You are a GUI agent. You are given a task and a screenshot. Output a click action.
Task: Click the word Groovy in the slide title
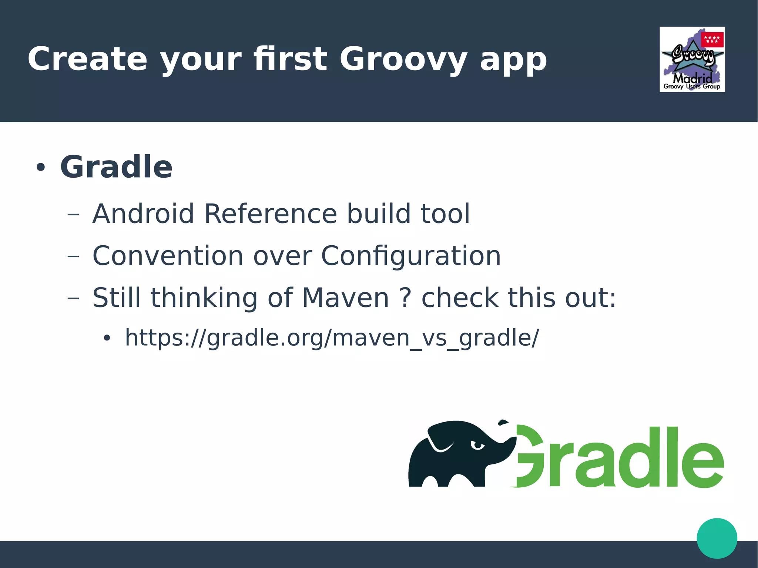(x=403, y=59)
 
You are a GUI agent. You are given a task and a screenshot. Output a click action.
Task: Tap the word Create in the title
(x=87, y=59)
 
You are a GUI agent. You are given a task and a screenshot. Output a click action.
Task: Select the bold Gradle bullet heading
(x=116, y=167)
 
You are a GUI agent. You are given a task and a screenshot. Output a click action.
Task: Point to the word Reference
(x=271, y=214)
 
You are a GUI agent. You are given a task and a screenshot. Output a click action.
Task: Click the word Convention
(x=168, y=256)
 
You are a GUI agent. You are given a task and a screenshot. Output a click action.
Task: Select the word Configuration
(x=411, y=256)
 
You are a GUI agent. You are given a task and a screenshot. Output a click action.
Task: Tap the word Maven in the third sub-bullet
(x=345, y=298)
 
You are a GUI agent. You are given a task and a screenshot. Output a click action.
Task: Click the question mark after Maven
(x=406, y=298)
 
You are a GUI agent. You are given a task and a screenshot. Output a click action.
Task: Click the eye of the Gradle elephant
(x=477, y=445)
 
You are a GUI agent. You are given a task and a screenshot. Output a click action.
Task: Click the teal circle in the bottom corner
(x=717, y=538)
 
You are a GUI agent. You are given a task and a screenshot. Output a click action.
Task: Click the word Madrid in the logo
(x=692, y=78)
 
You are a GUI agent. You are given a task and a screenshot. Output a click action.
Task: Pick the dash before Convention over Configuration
(x=73, y=256)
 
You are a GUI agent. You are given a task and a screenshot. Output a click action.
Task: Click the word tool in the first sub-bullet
(x=445, y=214)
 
